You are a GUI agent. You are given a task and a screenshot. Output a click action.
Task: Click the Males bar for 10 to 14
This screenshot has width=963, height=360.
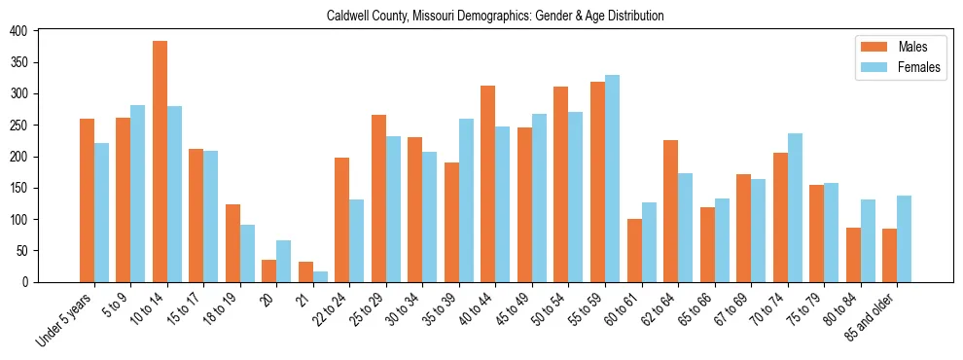click(160, 162)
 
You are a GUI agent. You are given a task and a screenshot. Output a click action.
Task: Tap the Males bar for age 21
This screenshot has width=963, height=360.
click(305, 271)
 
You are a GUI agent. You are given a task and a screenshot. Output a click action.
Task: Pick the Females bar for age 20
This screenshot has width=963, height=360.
click(284, 261)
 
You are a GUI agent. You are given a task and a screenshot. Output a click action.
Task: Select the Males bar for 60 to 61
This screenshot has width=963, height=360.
click(634, 250)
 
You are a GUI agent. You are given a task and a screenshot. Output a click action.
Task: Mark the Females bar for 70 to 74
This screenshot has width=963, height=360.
click(795, 207)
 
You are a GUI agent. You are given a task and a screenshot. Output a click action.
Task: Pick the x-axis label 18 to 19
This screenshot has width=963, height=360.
click(222, 309)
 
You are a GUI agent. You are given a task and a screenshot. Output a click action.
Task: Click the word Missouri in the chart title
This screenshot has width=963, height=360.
click(439, 17)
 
